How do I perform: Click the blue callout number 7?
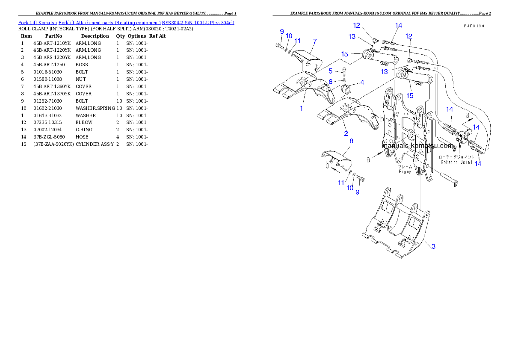coord(314,41)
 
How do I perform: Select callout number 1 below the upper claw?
coord(301,108)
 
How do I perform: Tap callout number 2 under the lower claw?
coord(346,133)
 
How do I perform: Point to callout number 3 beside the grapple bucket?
coord(433,246)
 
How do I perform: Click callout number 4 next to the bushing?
coord(362,82)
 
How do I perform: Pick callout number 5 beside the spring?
coord(331,71)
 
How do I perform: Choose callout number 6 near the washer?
coord(331,81)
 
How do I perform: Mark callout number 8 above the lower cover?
coord(351,140)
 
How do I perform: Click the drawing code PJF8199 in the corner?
coord(474,26)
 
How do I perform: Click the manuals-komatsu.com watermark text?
coord(417,145)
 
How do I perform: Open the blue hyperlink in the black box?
coord(126,22)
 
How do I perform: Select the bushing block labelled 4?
coord(345,91)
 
